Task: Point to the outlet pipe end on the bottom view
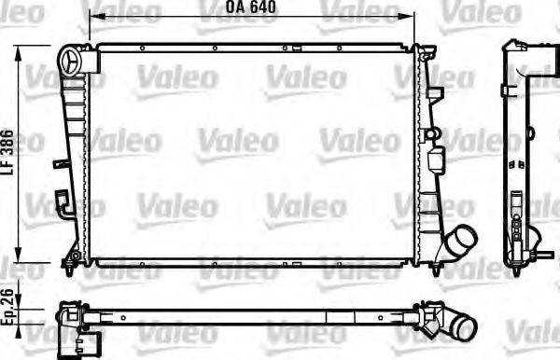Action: [x=463, y=328]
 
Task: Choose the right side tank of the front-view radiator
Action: [x=427, y=159]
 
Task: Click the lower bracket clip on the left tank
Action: [x=63, y=202]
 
